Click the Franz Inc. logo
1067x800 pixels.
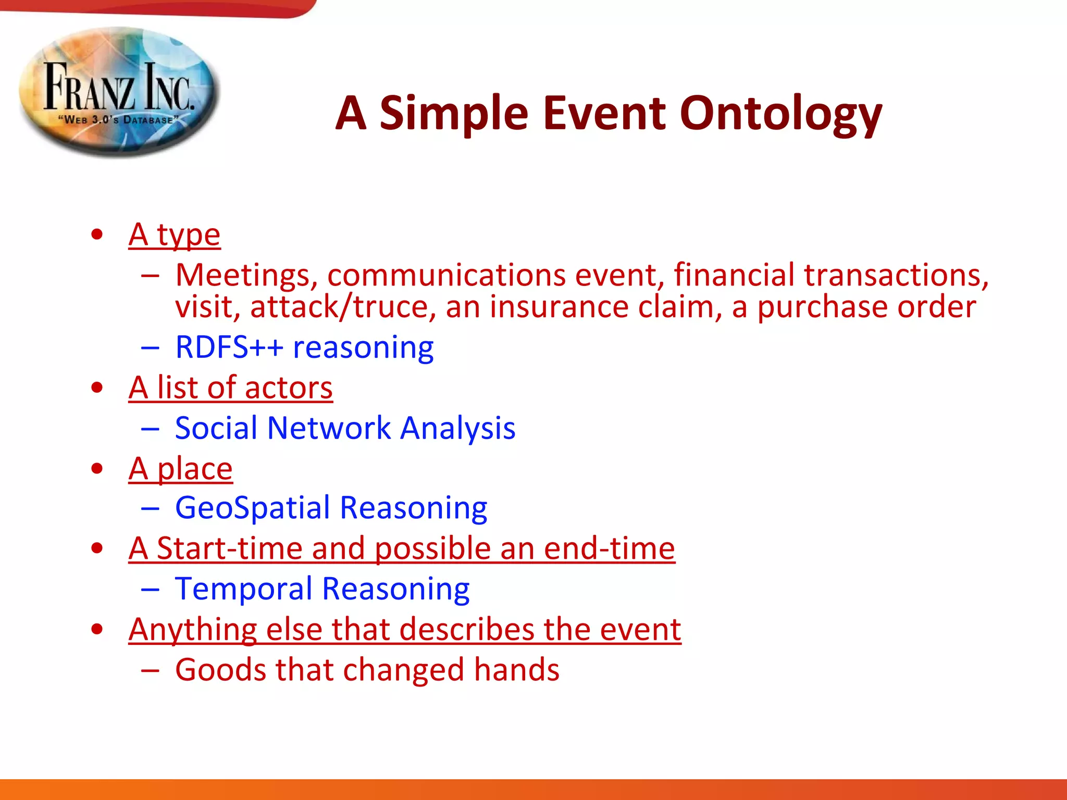click(119, 91)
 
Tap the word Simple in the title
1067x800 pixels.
click(453, 114)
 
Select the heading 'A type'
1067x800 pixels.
click(175, 235)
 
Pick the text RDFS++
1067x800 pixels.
click(229, 347)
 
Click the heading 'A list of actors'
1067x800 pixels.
click(230, 388)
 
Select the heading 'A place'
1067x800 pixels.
click(180, 469)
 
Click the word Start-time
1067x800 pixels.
click(229, 548)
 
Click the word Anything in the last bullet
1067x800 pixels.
click(192, 630)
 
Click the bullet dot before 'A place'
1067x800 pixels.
click(97, 469)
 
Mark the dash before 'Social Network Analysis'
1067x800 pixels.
click(150, 429)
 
